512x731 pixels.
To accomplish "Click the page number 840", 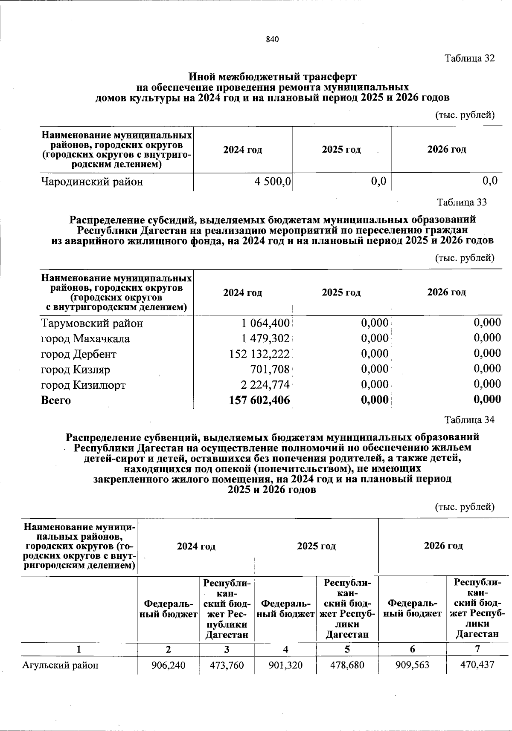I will pos(272,40).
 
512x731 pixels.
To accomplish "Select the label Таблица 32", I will pos(469,58).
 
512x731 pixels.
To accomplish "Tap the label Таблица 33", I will pos(462,202).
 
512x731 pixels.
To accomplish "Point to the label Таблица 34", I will pos(469,420).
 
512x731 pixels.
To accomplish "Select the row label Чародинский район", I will pos(92,182).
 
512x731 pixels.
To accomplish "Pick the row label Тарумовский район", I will pos(92,324).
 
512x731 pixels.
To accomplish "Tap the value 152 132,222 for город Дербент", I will pos(259,354).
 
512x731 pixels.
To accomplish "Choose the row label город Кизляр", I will pos(76,370).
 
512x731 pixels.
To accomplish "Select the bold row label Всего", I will pos(56,401).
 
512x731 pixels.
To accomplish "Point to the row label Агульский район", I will pos(60,665).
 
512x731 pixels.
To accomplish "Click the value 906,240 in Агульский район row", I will pos(169,665).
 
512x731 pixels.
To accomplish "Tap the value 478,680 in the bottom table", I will pos(347,665).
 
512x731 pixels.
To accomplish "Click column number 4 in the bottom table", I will pos(285,649).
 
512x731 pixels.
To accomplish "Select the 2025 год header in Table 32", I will pos(341,150).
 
